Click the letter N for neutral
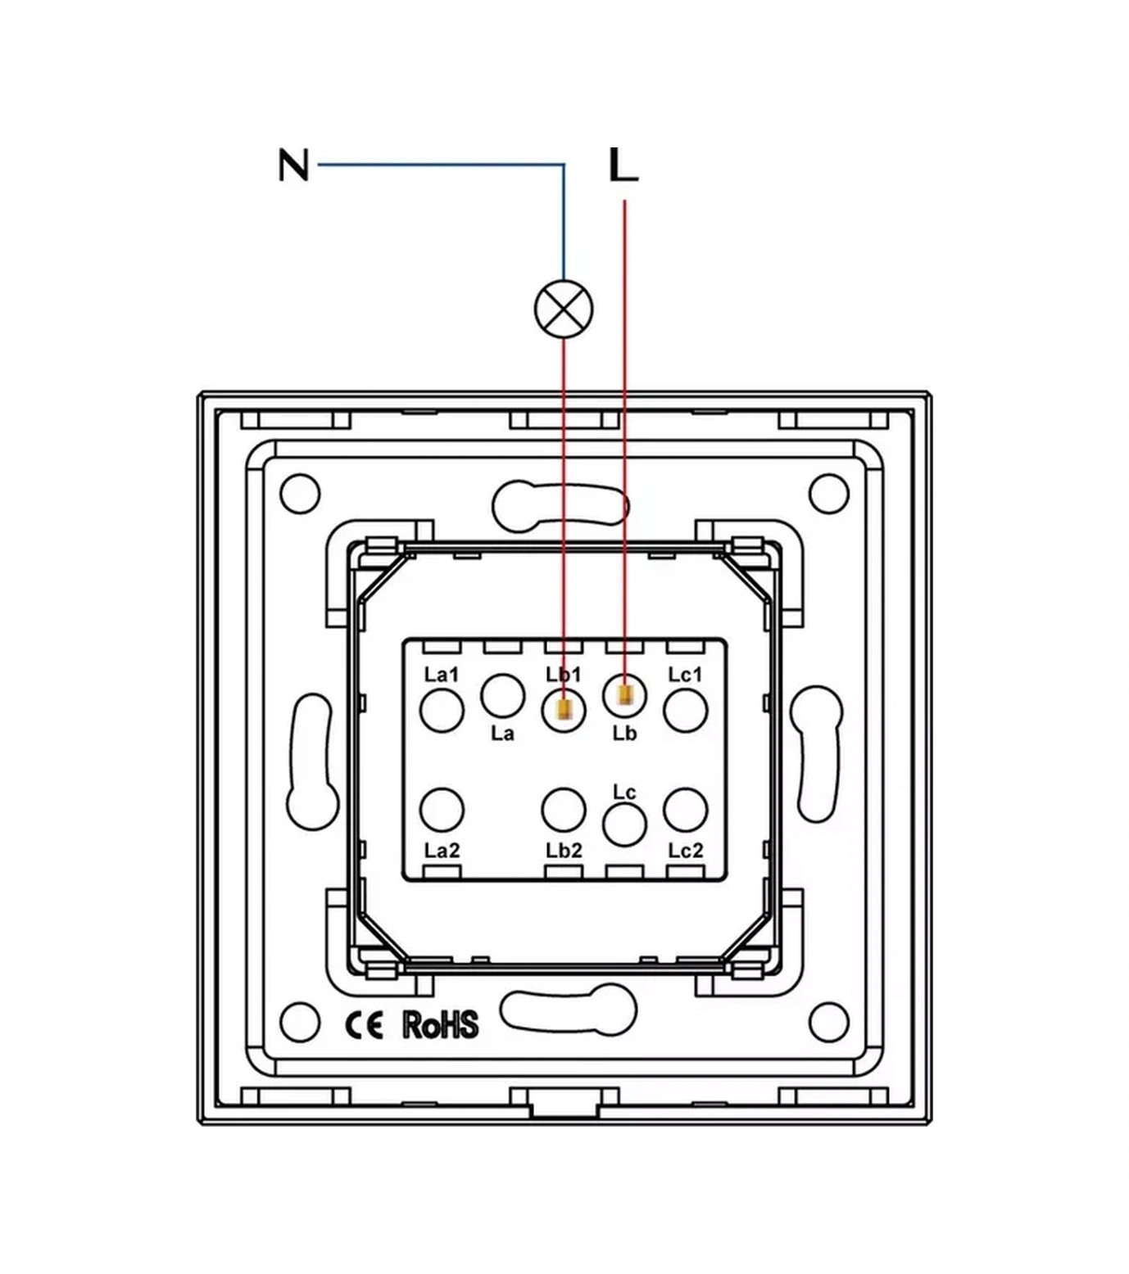point(293,165)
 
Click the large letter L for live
point(623,165)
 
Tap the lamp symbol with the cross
point(564,309)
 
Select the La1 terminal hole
point(442,710)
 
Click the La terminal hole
point(502,695)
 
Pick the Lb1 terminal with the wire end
point(564,710)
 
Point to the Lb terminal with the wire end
point(624,695)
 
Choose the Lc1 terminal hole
point(686,710)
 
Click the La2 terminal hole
point(442,809)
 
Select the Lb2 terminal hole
point(564,809)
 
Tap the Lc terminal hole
point(624,824)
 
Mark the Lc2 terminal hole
point(686,809)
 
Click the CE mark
point(364,1025)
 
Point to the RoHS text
point(440,1025)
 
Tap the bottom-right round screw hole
point(828,1022)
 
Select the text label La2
point(442,851)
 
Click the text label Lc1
point(686,675)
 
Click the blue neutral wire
point(442,165)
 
